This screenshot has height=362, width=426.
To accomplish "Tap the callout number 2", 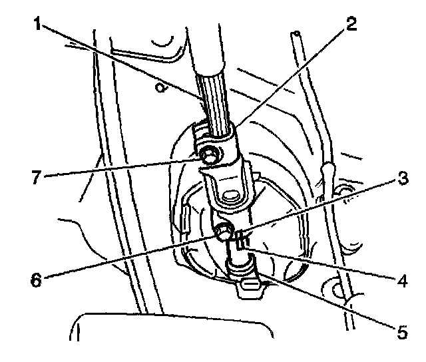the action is pyautogui.click(x=351, y=26).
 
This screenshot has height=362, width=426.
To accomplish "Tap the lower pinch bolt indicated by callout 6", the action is pyautogui.click(x=224, y=232).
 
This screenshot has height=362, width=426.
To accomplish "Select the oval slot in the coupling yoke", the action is pyautogui.click(x=231, y=196).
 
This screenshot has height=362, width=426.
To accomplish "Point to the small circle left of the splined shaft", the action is pyautogui.click(x=158, y=87).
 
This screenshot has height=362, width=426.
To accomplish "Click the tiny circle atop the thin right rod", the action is pyautogui.click(x=298, y=33).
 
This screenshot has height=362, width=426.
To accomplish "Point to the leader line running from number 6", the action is pyautogui.click(x=133, y=256).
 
